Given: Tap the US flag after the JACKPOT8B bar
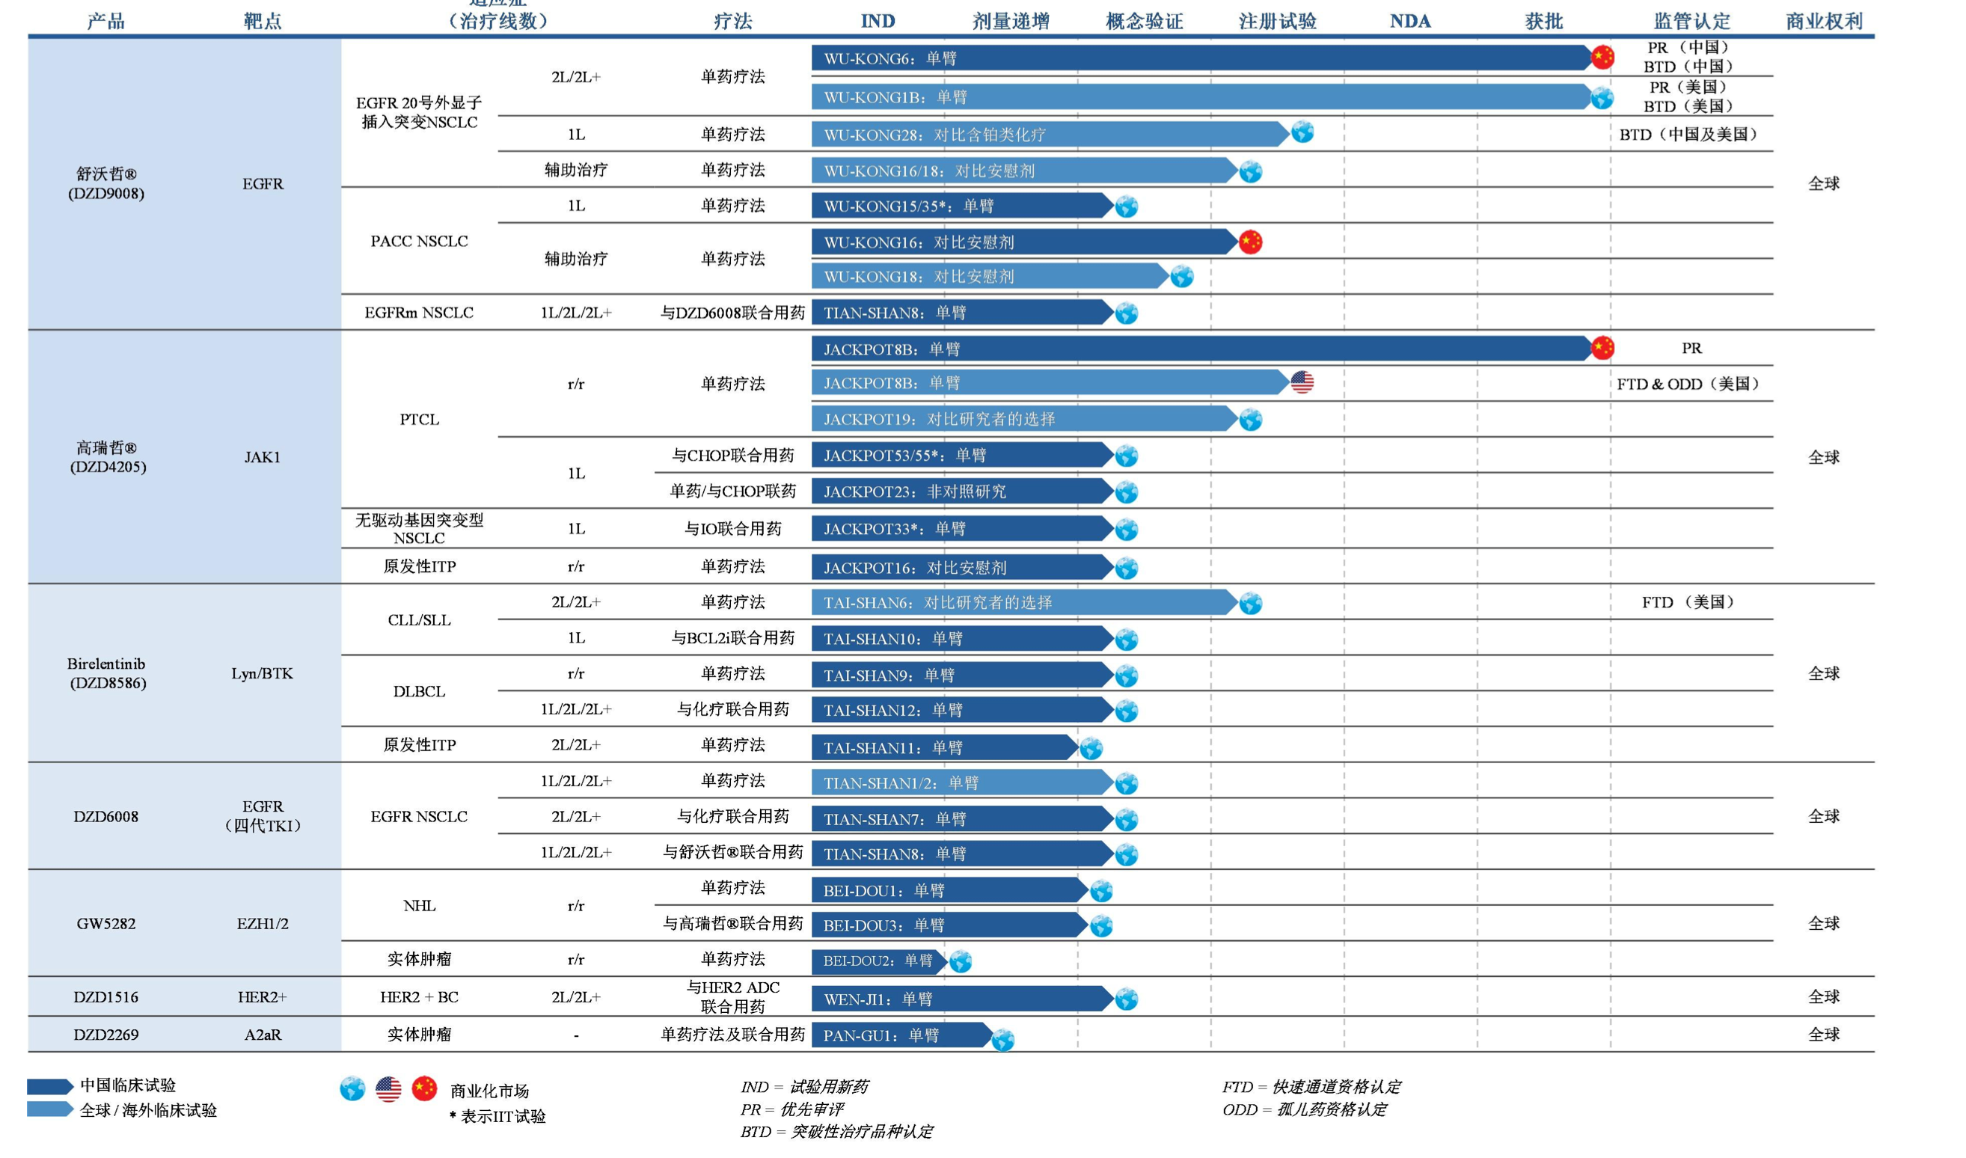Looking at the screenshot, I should [x=1302, y=382].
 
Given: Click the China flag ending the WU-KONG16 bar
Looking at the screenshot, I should [x=1251, y=242].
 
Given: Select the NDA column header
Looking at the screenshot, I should [x=1409, y=21].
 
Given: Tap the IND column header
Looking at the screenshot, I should [x=878, y=21].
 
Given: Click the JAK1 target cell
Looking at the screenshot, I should [x=262, y=457].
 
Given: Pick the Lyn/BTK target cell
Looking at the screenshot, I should [x=262, y=673].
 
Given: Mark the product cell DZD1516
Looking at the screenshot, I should [x=106, y=997].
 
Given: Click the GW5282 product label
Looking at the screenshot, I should [x=106, y=924].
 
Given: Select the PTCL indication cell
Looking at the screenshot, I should [x=419, y=420].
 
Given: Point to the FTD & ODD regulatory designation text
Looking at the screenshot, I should [x=1687, y=384].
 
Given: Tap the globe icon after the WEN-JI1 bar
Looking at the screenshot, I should [x=1127, y=999].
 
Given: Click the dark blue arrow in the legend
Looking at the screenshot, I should [x=49, y=1085].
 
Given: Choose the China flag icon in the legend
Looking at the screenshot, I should [x=424, y=1088].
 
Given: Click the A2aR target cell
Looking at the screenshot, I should [x=262, y=1035].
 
